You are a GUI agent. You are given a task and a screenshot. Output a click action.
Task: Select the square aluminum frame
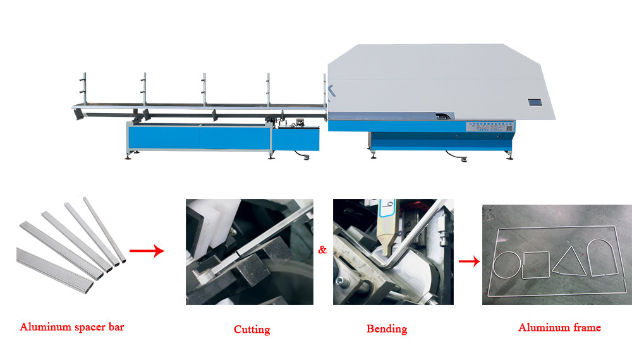tap(536, 264)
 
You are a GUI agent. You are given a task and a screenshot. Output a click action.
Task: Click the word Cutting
tap(252, 329)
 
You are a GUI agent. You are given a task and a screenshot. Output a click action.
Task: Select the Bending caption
tap(387, 328)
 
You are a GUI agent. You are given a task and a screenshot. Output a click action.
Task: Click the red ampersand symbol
tap(322, 250)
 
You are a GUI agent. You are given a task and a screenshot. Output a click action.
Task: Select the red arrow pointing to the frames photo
tap(467, 260)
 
